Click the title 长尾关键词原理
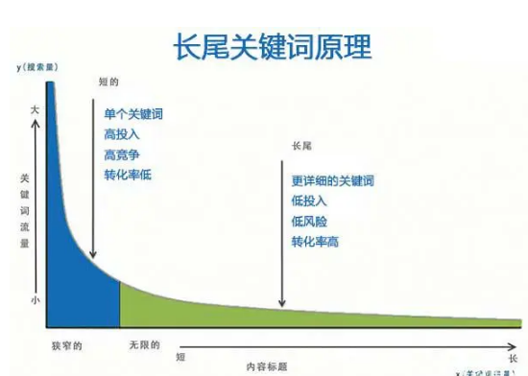pos(271,46)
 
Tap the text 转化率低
pos(128,175)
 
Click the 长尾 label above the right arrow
pos(300,148)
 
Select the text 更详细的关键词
pos(332,181)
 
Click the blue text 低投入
pos(309,201)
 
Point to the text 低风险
pos(309,222)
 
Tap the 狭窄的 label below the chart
pos(63,343)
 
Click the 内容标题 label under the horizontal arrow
pos(265,365)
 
